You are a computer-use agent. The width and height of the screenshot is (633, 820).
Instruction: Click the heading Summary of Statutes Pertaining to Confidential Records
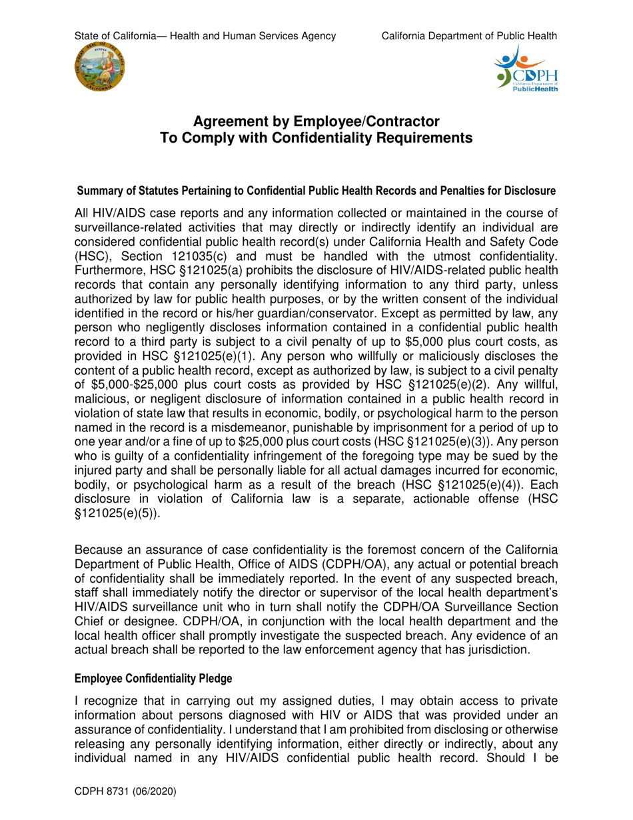[x=316, y=191]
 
